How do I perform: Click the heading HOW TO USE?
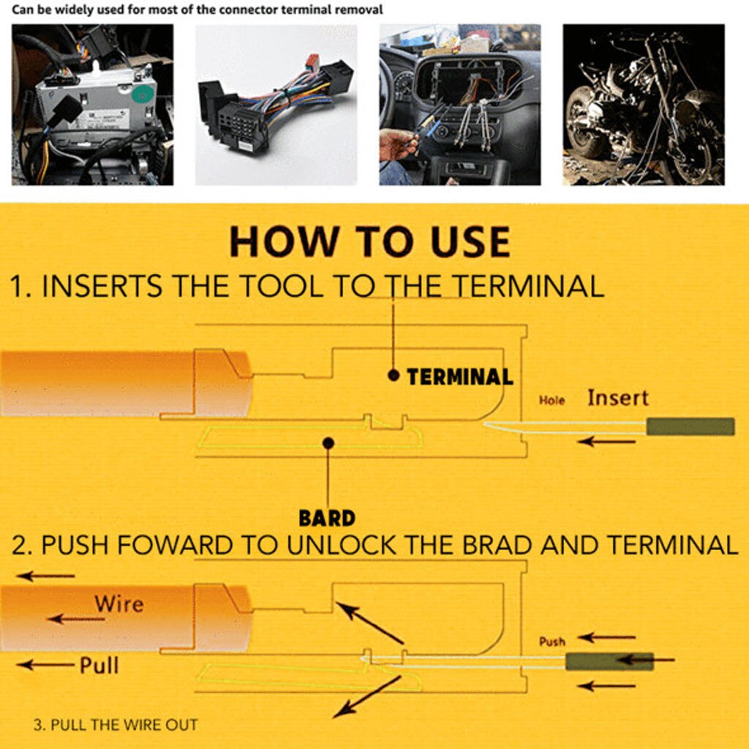pyautogui.click(x=369, y=242)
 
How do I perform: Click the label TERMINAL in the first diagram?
pyautogui.click(x=459, y=377)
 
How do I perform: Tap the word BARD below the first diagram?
pyautogui.click(x=327, y=519)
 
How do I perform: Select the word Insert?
pyautogui.click(x=617, y=399)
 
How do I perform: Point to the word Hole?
pyautogui.click(x=552, y=401)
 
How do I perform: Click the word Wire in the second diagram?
pyautogui.click(x=118, y=604)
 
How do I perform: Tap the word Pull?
pyautogui.click(x=99, y=665)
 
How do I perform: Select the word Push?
pyautogui.click(x=552, y=641)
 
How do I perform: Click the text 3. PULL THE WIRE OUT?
pyautogui.click(x=116, y=726)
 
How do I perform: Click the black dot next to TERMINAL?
pyautogui.click(x=394, y=375)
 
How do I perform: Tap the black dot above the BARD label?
pyautogui.click(x=328, y=443)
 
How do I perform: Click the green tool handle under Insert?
pyautogui.click(x=690, y=426)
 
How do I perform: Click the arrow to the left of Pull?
pyautogui.click(x=45, y=665)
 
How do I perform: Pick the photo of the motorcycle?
pyautogui.click(x=643, y=105)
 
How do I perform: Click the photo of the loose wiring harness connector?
pyautogui.click(x=276, y=105)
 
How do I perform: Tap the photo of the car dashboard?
pyautogui.click(x=459, y=105)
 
